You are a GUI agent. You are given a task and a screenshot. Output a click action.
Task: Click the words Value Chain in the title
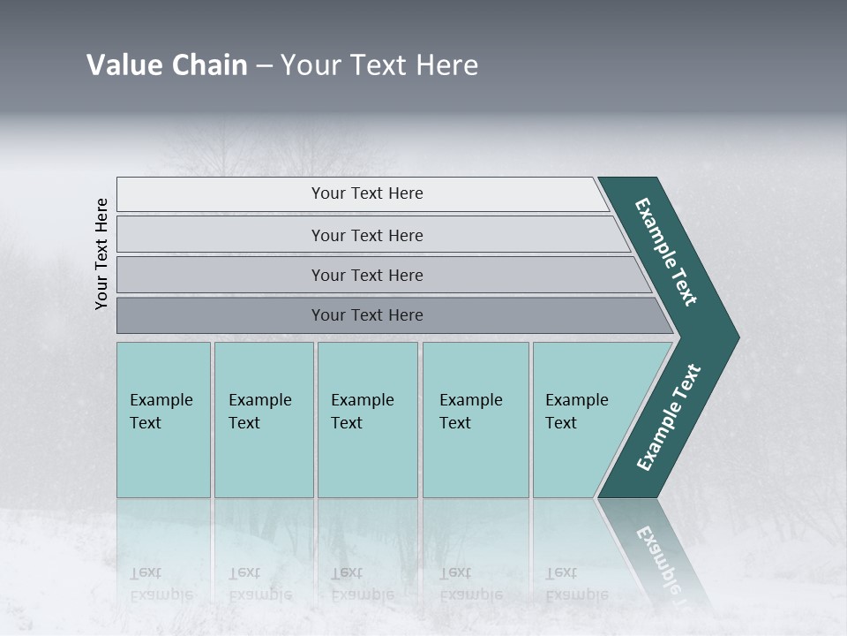pyautogui.click(x=167, y=65)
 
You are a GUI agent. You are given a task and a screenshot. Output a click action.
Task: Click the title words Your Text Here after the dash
pyautogui.click(x=379, y=65)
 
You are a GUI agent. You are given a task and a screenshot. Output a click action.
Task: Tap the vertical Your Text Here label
pyautogui.click(x=102, y=254)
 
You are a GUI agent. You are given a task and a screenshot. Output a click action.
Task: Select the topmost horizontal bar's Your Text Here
pyautogui.click(x=367, y=193)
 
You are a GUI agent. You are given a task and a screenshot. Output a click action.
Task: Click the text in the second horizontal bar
pyautogui.click(x=367, y=236)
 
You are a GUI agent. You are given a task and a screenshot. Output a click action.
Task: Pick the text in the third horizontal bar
pyautogui.click(x=367, y=276)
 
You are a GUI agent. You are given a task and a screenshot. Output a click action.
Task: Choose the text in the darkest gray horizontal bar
pyautogui.click(x=367, y=315)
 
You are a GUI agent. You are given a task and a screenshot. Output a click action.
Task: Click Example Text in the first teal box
pyautogui.click(x=161, y=411)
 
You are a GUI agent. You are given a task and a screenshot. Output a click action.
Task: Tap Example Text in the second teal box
pyautogui.click(x=259, y=411)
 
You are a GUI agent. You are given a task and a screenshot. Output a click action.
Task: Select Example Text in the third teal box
pyautogui.click(x=362, y=411)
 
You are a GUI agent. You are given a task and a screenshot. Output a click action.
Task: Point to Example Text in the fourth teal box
pyautogui.click(x=470, y=411)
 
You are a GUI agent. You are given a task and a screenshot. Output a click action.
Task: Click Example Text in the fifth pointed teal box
pyautogui.click(x=576, y=411)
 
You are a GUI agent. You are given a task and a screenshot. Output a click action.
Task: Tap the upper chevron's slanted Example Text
pyautogui.click(x=666, y=252)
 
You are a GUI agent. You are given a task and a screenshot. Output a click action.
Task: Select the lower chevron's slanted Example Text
pyautogui.click(x=669, y=418)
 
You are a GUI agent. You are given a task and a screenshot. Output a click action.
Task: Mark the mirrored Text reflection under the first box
pyautogui.click(x=146, y=572)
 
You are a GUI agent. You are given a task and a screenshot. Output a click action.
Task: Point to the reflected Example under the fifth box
pyautogui.click(x=576, y=594)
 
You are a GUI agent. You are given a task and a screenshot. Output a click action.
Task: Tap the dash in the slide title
pyautogui.click(x=263, y=66)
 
